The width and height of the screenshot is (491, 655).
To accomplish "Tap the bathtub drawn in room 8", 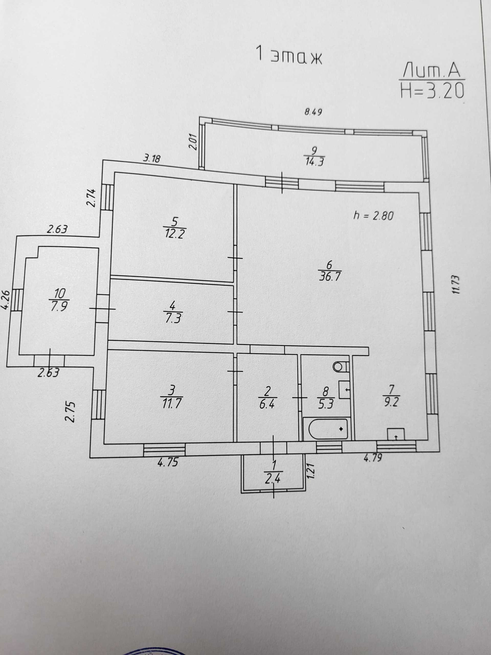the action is coord(328,429).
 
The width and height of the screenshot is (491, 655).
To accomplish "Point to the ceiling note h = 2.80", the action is coord(374,216).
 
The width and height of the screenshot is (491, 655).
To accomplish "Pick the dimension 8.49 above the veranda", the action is coord(313,112).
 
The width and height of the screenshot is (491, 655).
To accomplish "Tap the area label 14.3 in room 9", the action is coord(314,162).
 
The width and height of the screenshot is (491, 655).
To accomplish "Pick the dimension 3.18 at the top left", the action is coord(152,159).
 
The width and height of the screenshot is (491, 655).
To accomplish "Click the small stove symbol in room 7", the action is coord(396,434).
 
